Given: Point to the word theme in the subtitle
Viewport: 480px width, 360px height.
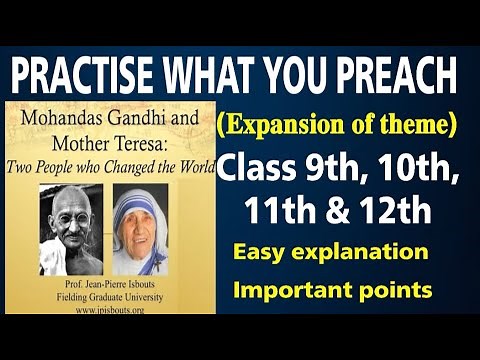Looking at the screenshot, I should (417, 127).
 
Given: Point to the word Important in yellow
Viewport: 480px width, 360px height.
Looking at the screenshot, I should (291, 290).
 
